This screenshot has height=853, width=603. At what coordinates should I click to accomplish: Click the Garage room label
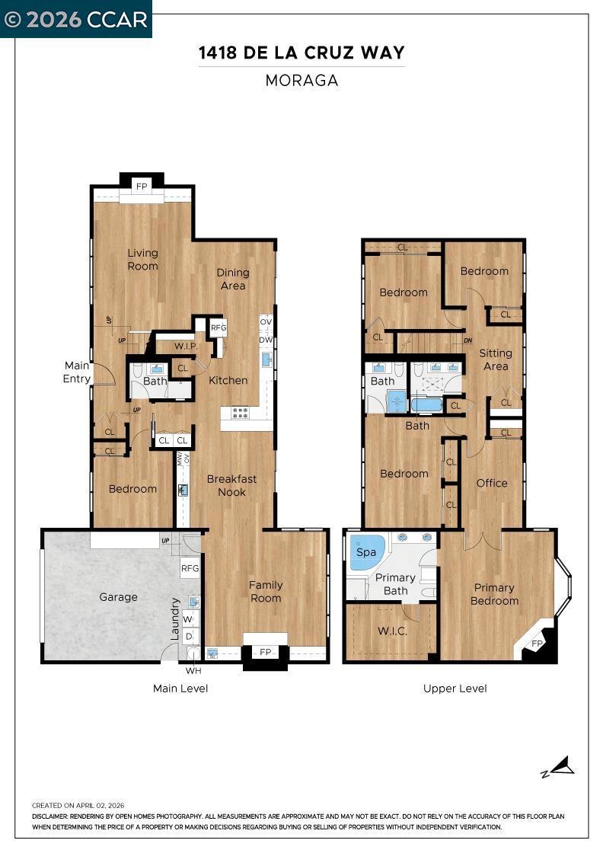point(118,597)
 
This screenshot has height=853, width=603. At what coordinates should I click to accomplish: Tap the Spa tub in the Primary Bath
point(365,552)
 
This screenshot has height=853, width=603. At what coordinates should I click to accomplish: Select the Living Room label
point(142,260)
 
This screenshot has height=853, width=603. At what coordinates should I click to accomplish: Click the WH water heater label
point(193,671)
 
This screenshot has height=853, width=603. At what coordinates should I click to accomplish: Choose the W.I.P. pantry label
point(186,347)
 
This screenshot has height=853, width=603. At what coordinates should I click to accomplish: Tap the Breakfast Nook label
point(231,485)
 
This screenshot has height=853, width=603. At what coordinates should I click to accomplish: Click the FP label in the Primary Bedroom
point(538,644)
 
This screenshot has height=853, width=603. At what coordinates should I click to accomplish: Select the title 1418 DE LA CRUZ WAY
point(301,53)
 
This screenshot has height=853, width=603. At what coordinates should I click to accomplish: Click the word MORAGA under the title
point(301,81)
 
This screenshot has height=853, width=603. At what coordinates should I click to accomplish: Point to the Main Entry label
point(77,372)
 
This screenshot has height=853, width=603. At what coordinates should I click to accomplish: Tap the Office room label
point(492,483)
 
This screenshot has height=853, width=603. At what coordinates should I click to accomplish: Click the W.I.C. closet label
point(392,631)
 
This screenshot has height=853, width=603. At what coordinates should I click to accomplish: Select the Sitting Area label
point(496,359)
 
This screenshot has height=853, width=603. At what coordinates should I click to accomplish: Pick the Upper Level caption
point(455,688)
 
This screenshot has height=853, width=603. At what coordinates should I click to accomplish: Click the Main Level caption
point(180,688)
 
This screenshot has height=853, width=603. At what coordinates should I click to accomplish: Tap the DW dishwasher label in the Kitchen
point(266,340)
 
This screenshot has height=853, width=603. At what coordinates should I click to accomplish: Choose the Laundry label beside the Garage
point(175,619)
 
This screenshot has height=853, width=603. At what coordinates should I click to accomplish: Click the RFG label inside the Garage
point(190,568)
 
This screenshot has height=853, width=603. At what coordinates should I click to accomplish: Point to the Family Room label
point(266,591)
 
